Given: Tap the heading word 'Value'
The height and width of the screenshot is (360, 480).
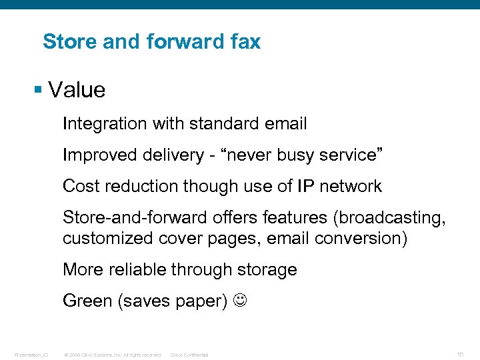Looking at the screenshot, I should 77,90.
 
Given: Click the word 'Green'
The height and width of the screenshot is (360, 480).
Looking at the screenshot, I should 87,301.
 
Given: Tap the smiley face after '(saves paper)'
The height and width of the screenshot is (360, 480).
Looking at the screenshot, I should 240,301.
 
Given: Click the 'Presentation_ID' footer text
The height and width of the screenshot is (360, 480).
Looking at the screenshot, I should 31,355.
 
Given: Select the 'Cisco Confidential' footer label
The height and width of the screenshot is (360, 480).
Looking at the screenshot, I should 190,355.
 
